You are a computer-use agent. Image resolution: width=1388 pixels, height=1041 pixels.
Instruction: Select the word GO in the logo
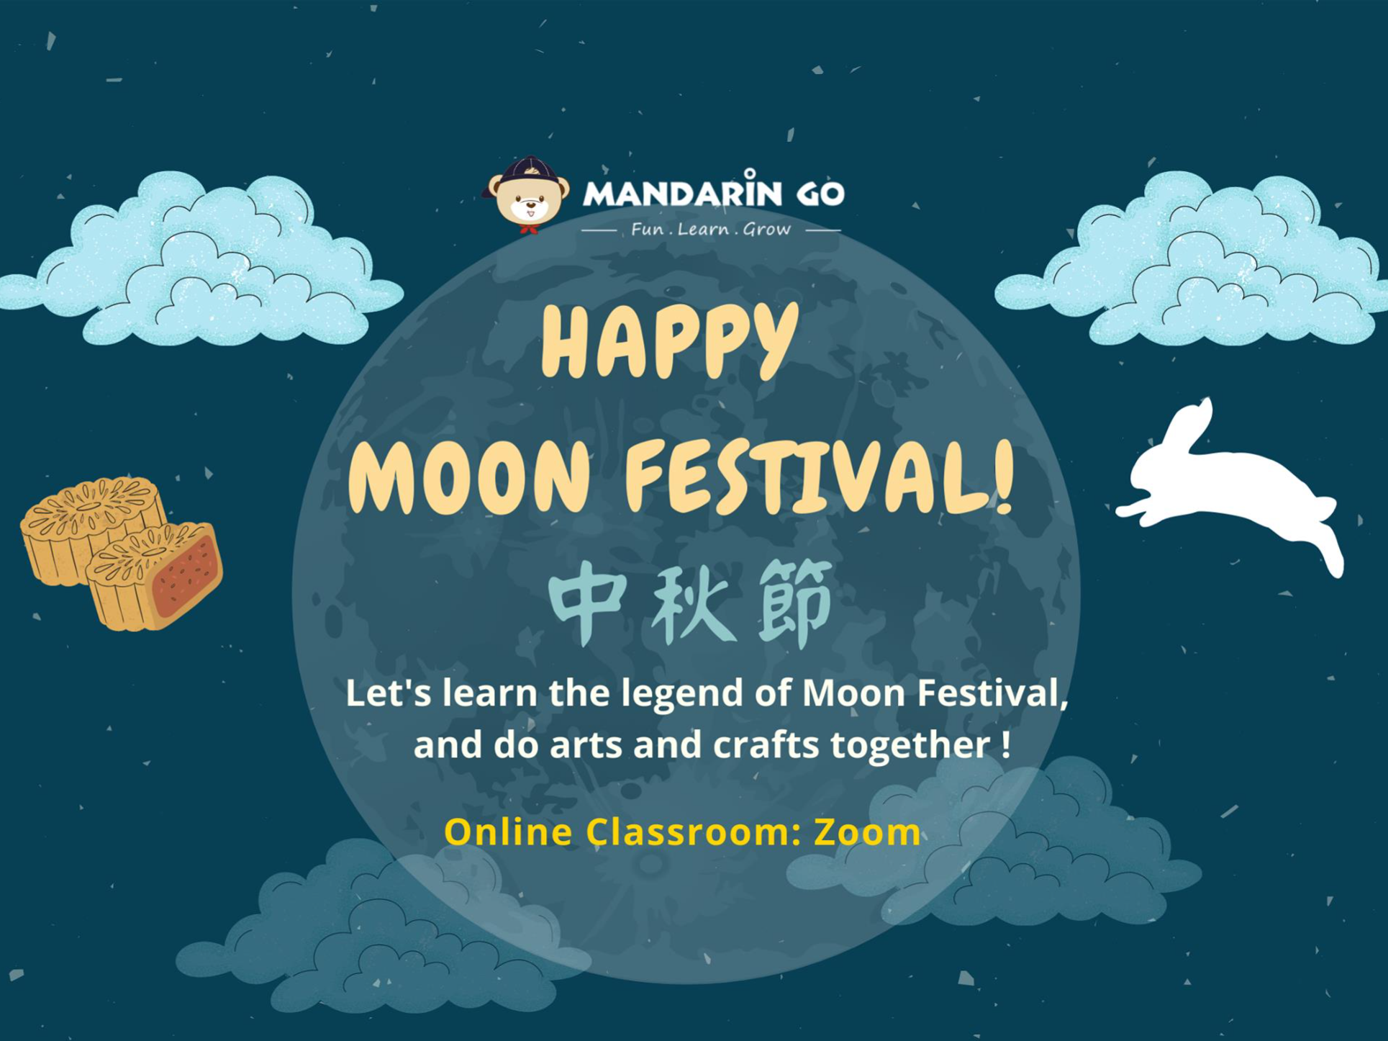coord(820,194)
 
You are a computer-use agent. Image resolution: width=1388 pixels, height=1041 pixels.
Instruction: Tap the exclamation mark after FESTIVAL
coord(1005,475)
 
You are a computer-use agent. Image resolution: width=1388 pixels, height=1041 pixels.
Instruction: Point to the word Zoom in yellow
coord(867,832)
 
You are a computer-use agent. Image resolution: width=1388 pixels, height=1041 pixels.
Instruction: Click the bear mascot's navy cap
coord(530,171)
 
